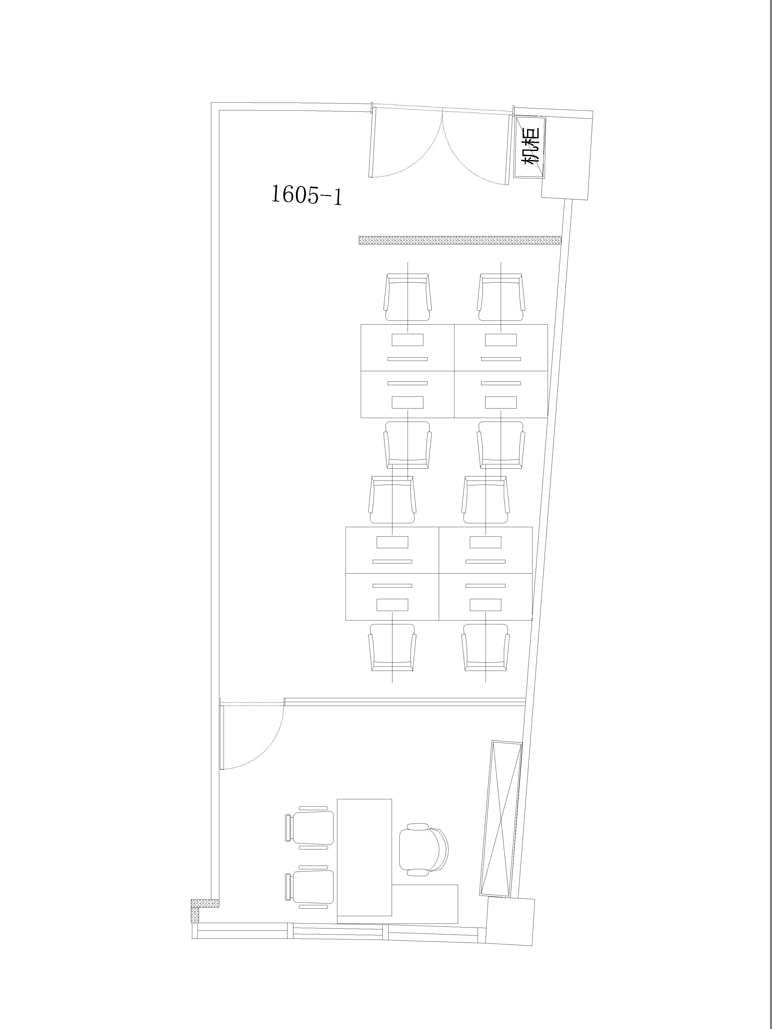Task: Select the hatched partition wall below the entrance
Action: coord(460,240)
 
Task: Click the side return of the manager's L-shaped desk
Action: coord(425,904)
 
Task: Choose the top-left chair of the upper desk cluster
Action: coord(408,297)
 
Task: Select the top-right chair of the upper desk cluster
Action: coord(501,297)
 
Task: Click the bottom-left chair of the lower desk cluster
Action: coord(392,647)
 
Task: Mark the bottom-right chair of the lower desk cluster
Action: coord(485,647)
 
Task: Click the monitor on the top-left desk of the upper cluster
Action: coord(408,340)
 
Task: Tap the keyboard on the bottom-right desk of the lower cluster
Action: coord(485,585)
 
